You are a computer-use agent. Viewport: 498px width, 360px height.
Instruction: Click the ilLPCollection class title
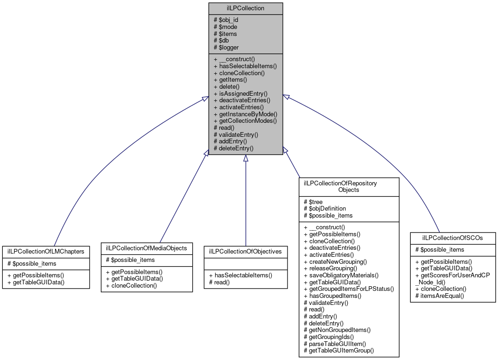[245, 8]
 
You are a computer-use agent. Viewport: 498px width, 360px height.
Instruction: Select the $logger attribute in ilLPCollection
[226, 47]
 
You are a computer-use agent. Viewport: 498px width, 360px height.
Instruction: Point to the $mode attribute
[225, 27]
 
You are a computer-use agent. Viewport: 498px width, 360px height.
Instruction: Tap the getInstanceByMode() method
[245, 114]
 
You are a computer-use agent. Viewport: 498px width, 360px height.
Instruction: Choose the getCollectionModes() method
[245, 120]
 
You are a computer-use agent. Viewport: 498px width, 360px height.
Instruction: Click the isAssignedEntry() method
[240, 93]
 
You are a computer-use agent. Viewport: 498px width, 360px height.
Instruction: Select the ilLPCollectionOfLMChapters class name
[46, 251]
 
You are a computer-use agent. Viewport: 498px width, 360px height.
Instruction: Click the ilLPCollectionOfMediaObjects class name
[147, 247]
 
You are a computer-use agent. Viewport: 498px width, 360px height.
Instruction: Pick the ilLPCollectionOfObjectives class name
[245, 251]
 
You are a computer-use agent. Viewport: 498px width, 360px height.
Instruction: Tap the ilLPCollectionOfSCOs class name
[452, 238]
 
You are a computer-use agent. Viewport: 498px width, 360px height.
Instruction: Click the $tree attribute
[313, 202]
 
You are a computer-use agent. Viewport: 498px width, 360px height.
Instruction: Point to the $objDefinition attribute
[325, 209]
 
